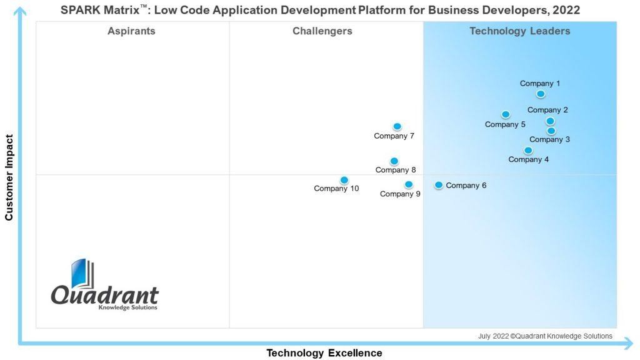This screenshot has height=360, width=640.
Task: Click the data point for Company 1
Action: click(541, 94)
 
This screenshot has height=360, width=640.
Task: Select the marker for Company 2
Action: click(550, 121)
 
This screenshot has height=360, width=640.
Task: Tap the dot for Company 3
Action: click(551, 131)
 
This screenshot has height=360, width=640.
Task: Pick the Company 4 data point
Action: click(528, 151)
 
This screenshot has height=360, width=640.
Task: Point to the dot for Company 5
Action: click(506, 114)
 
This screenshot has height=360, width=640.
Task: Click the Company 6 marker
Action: click(439, 185)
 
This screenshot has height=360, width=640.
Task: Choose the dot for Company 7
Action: click(397, 127)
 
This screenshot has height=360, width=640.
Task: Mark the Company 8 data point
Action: click(394, 161)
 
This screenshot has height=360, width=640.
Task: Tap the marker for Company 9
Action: click(409, 184)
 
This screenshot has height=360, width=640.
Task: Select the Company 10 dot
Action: click(344, 181)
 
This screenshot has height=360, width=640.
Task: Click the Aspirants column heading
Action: click(131, 31)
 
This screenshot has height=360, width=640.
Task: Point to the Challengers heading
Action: click(322, 31)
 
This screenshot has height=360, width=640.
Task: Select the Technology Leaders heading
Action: click(520, 31)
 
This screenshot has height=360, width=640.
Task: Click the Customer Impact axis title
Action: click(9, 177)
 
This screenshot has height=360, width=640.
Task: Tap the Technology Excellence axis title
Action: click(324, 353)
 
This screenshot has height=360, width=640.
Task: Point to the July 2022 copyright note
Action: click(545, 336)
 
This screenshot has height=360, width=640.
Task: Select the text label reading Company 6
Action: click(466, 186)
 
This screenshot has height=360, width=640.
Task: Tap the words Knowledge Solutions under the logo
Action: click(128, 307)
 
